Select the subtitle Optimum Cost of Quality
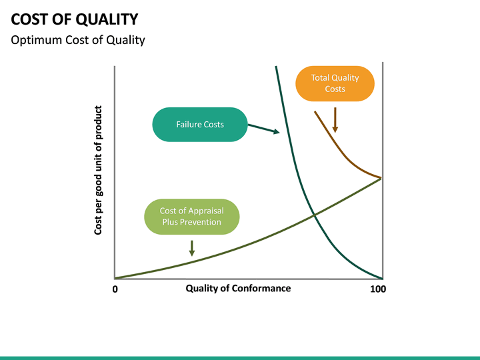tap(78, 40)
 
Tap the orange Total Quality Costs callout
tap(335, 83)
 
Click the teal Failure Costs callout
tap(199, 124)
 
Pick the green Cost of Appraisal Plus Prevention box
tap(191, 217)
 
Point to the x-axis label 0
tap(115, 289)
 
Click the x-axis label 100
tap(377, 289)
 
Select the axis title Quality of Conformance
tap(238, 288)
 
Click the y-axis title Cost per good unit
tap(99, 170)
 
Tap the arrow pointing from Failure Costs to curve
tap(264, 129)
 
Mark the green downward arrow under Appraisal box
tap(192, 247)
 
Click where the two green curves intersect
tap(313, 214)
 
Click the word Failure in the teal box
tap(188, 124)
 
